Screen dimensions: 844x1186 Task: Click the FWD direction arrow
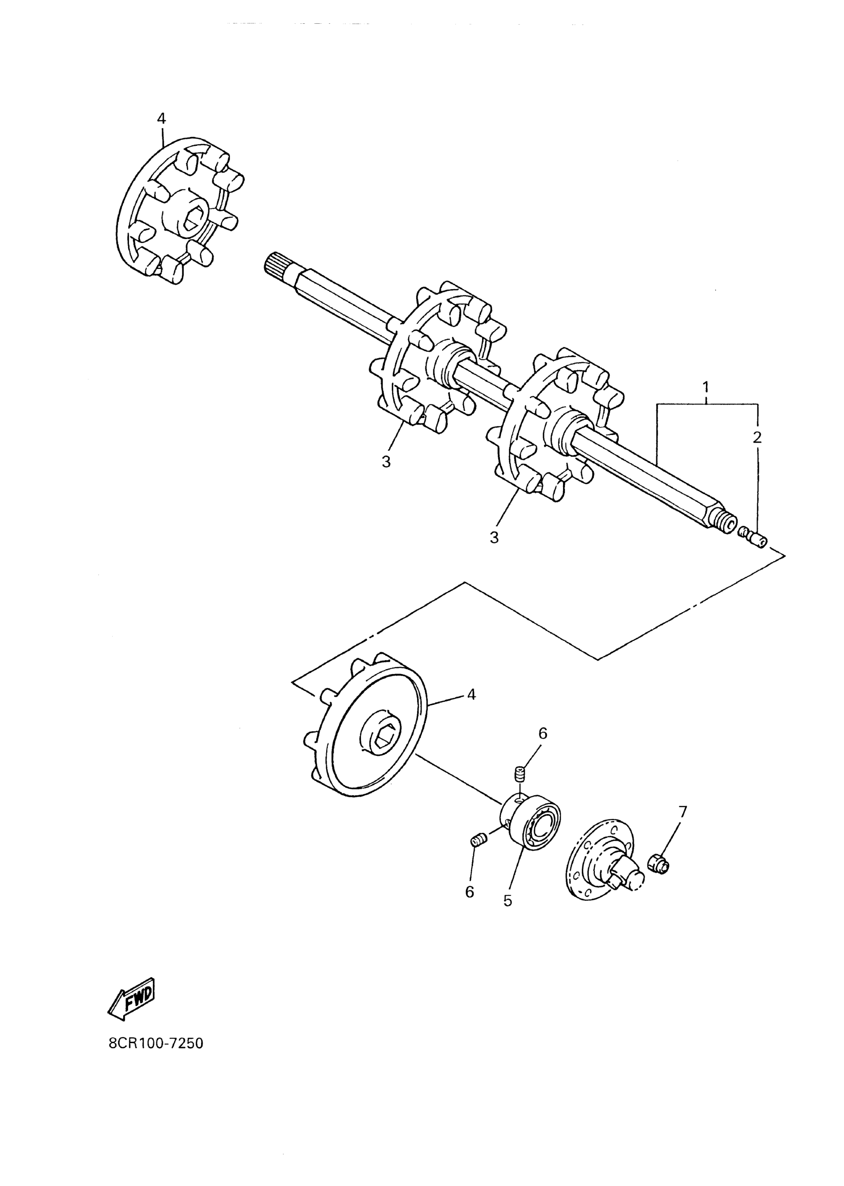point(132,999)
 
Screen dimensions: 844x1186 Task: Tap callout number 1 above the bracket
point(706,387)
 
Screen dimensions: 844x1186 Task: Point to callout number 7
point(682,811)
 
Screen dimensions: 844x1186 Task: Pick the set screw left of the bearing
point(479,839)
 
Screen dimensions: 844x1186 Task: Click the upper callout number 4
point(161,119)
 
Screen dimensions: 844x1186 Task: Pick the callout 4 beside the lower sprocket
point(471,694)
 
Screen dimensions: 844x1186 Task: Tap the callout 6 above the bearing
point(543,733)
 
